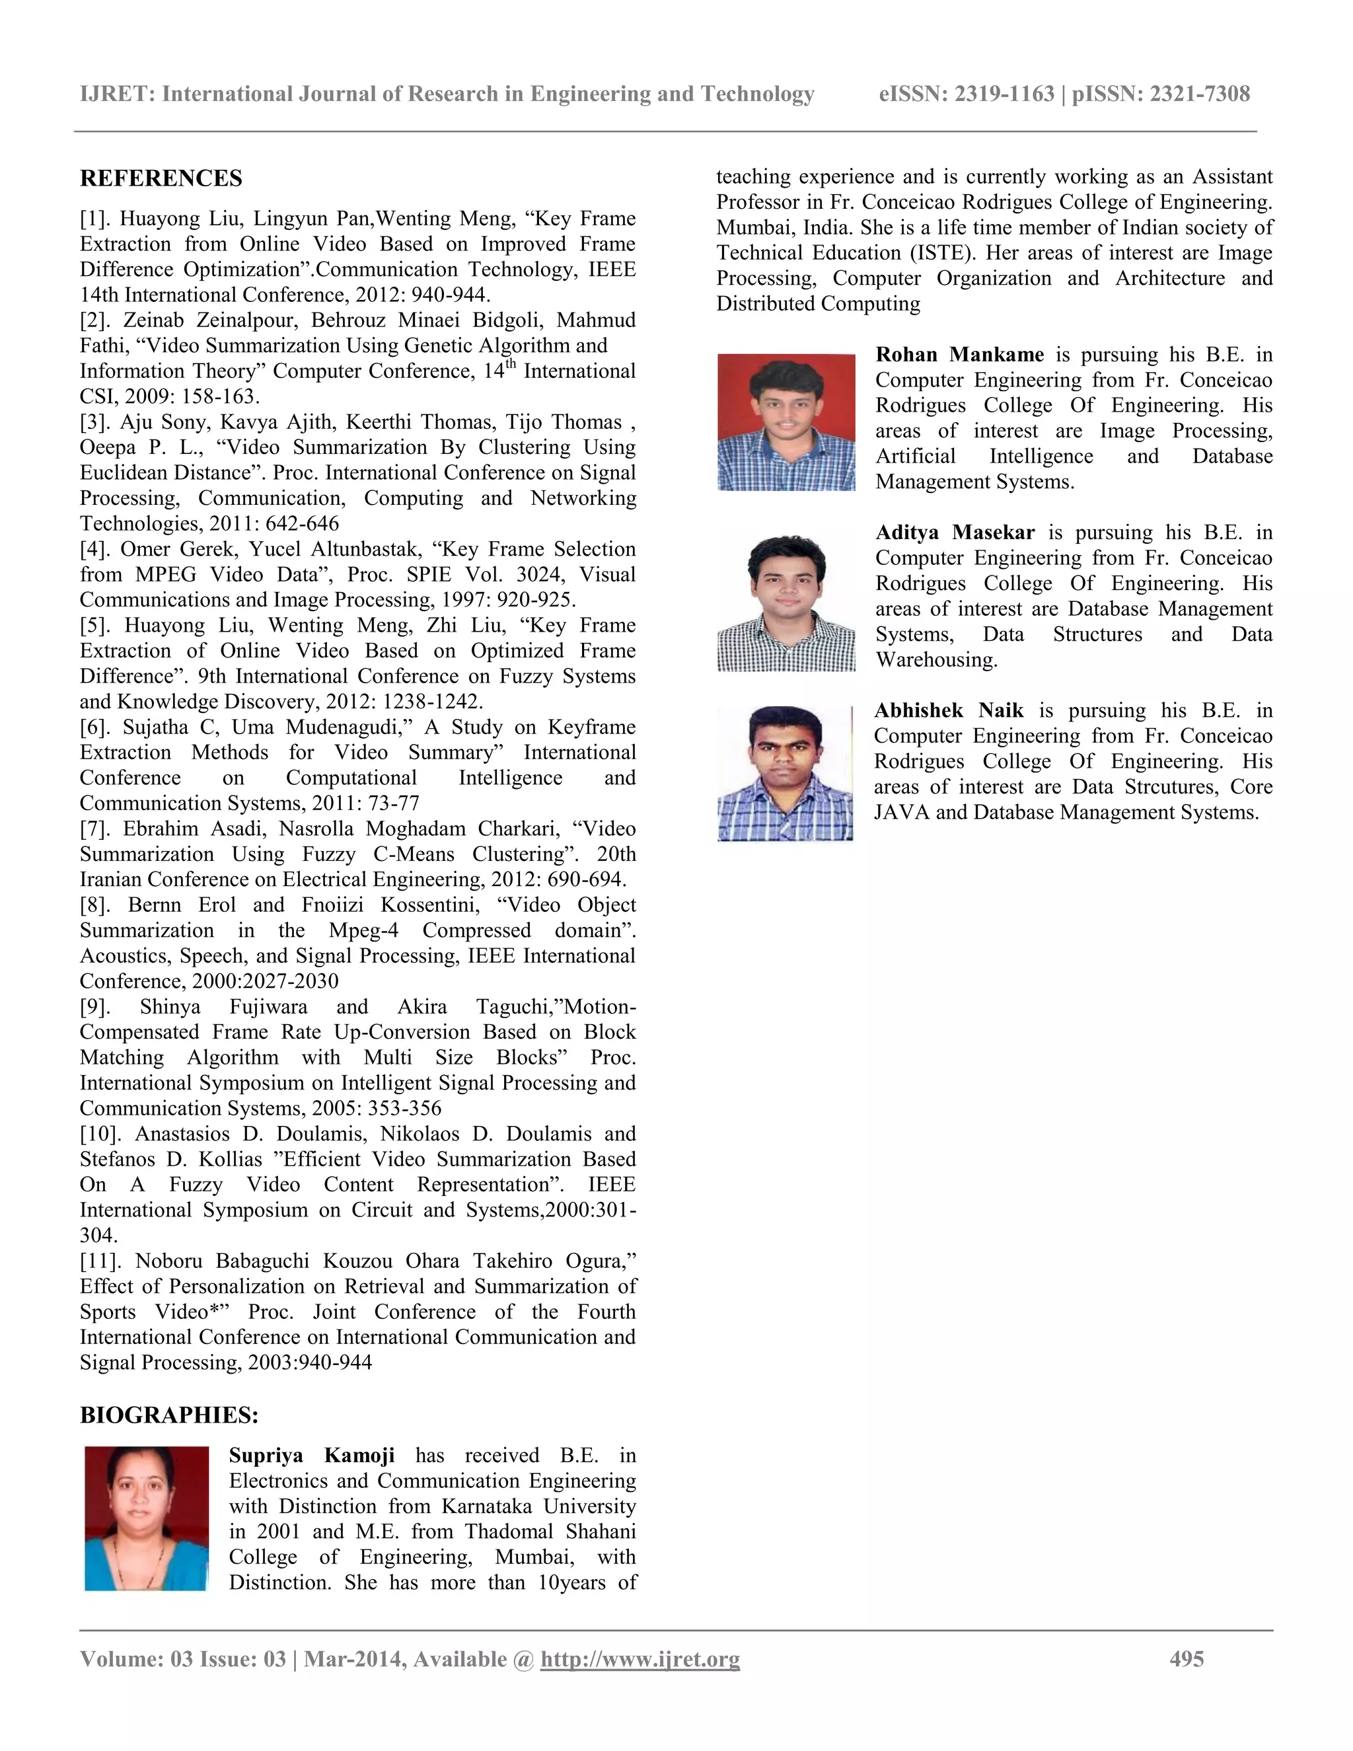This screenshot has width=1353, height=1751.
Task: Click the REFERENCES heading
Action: (161, 178)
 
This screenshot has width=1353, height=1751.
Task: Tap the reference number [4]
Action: (96, 549)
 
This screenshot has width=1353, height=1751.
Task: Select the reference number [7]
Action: (97, 829)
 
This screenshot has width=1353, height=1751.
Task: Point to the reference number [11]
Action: (101, 1261)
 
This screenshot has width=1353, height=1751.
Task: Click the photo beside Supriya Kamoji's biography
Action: (147, 1518)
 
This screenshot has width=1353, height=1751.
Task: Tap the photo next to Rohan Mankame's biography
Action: (786, 422)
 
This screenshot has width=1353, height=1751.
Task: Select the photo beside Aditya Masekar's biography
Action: (786, 601)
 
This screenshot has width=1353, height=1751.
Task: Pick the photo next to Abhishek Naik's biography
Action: (786, 773)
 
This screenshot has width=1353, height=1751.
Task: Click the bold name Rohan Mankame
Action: (959, 354)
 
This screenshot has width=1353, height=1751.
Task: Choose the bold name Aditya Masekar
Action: (955, 533)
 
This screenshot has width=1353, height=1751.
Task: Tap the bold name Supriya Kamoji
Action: (312, 1455)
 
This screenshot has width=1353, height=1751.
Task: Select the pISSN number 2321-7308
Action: (1200, 94)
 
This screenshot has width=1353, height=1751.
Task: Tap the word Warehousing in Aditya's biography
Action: (936, 660)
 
